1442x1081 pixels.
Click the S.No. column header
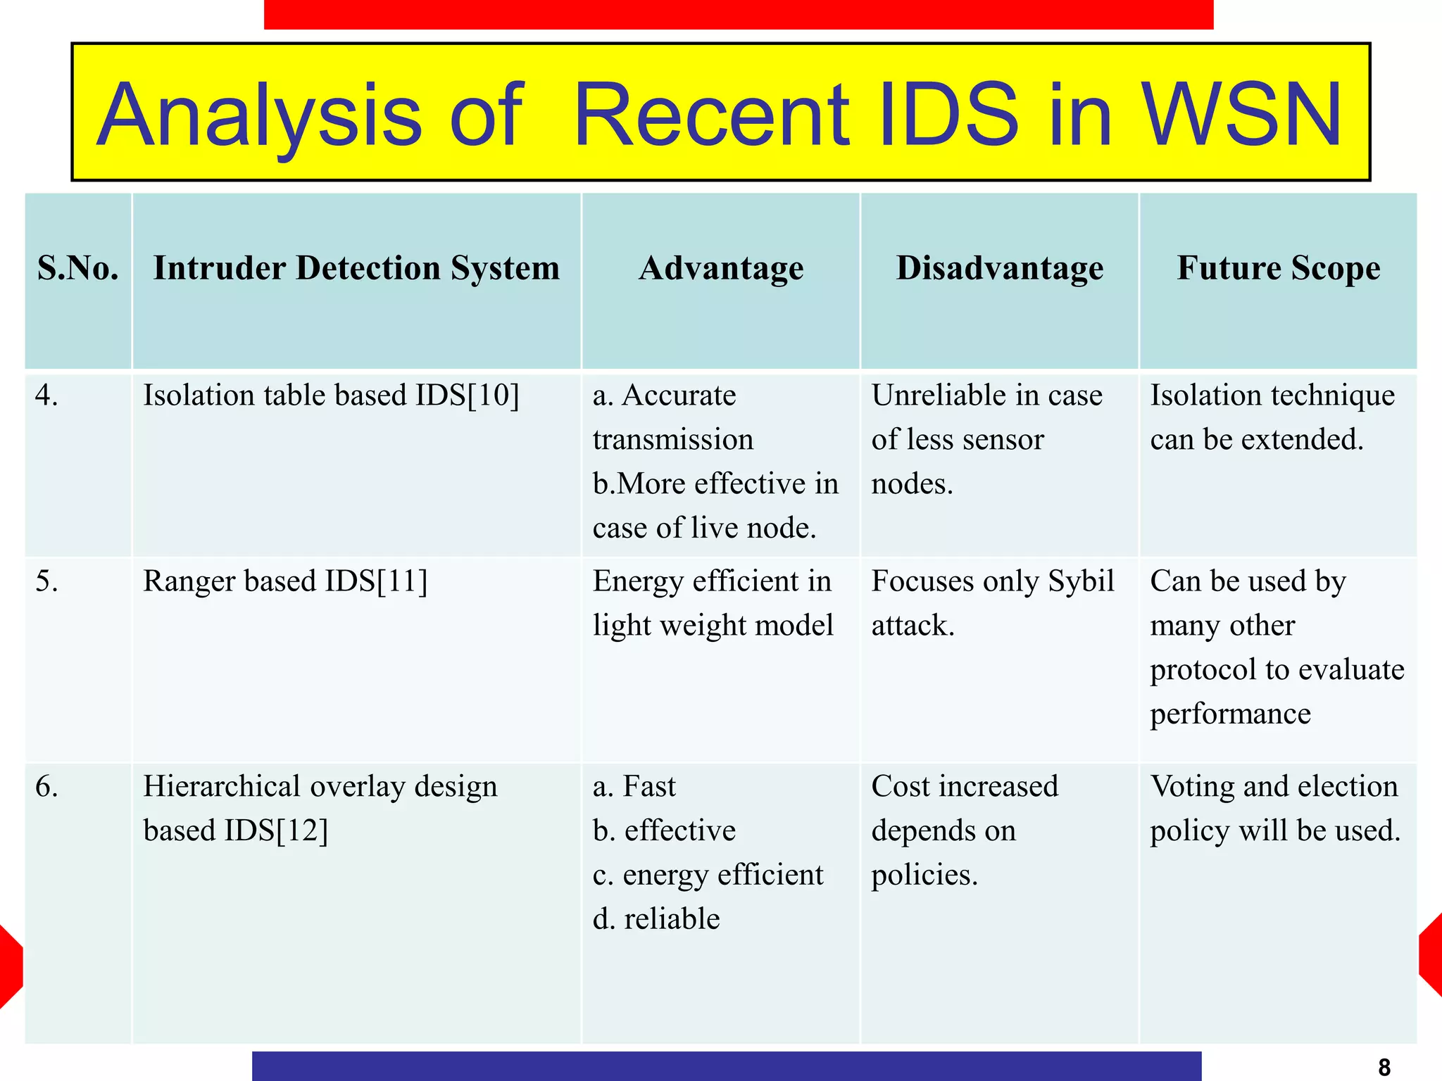coord(78,269)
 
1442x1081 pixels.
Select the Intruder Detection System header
coord(356,269)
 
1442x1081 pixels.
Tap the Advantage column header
coord(721,269)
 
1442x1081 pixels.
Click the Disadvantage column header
coord(1000,269)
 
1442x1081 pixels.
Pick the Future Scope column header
coord(1279,269)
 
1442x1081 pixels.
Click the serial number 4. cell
coord(46,396)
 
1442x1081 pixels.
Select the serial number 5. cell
coord(46,581)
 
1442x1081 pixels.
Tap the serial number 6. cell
coord(46,786)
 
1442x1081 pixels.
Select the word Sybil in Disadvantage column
coord(1081,581)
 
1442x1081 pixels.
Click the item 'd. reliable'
coord(656,919)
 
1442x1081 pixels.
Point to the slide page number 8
coord(1384,1067)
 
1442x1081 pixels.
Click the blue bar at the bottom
coord(726,1066)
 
